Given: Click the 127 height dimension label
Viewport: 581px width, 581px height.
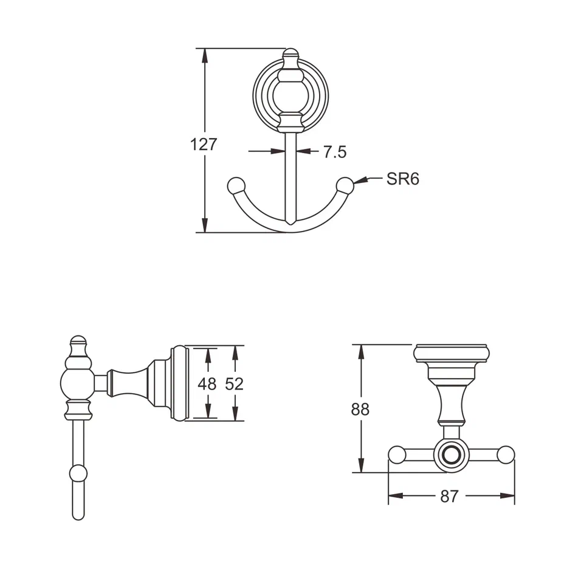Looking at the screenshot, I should tap(204, 145).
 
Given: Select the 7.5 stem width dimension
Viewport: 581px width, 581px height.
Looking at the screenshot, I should tap(334, 152).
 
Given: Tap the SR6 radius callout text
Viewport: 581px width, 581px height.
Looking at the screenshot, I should tap(402, 179).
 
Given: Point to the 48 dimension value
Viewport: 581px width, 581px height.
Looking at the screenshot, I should tap(207, 383).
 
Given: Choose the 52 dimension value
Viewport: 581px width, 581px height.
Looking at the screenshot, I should tap(234, 383).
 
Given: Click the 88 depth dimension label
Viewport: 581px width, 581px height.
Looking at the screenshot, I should tap(360, 410).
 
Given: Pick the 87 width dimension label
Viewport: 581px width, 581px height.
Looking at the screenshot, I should tap(449, 496).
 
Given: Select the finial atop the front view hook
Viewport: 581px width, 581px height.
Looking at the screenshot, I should tap(290, 57).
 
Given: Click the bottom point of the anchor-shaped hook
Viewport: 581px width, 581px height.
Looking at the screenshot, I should tap(290, 229).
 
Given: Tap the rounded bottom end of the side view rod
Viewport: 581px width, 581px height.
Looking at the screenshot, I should tap(78, 515).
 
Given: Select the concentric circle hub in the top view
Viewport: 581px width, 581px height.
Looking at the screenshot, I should tap(451, 455).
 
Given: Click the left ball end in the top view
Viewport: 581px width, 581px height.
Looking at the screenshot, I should tap(397, 454).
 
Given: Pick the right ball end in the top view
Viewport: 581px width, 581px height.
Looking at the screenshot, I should tap(506, 454).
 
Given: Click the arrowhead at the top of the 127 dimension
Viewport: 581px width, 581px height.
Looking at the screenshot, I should tap(205, 55).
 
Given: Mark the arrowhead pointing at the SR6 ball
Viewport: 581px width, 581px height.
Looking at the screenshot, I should tap(360, 180).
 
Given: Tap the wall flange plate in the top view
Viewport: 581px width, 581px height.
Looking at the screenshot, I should tap(451, 352).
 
